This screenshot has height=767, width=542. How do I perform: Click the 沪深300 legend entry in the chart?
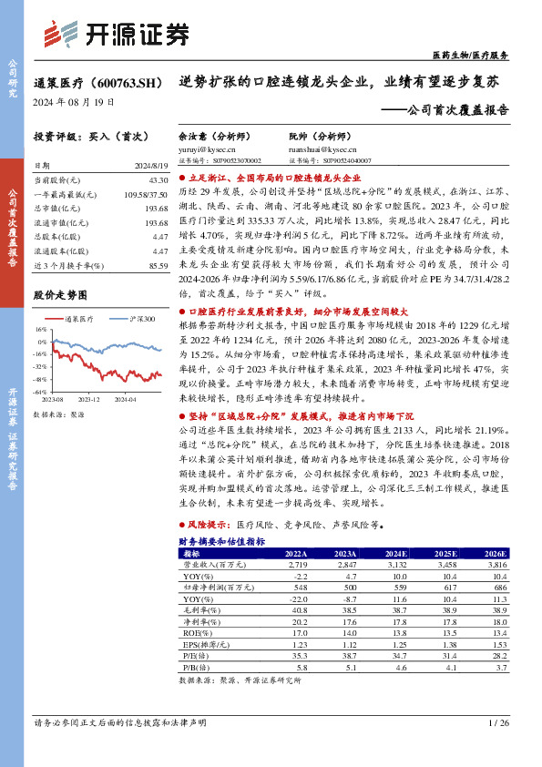point(137,319)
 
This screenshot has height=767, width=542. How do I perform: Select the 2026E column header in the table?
point(496,554)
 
